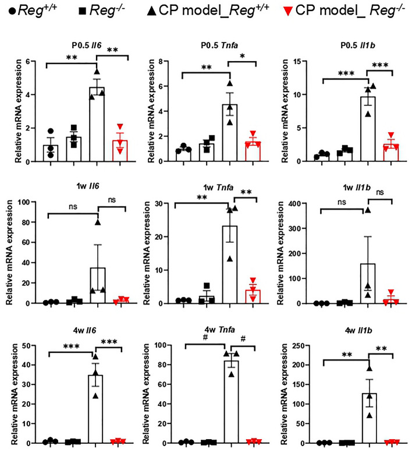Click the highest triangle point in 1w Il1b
[367, 210]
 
